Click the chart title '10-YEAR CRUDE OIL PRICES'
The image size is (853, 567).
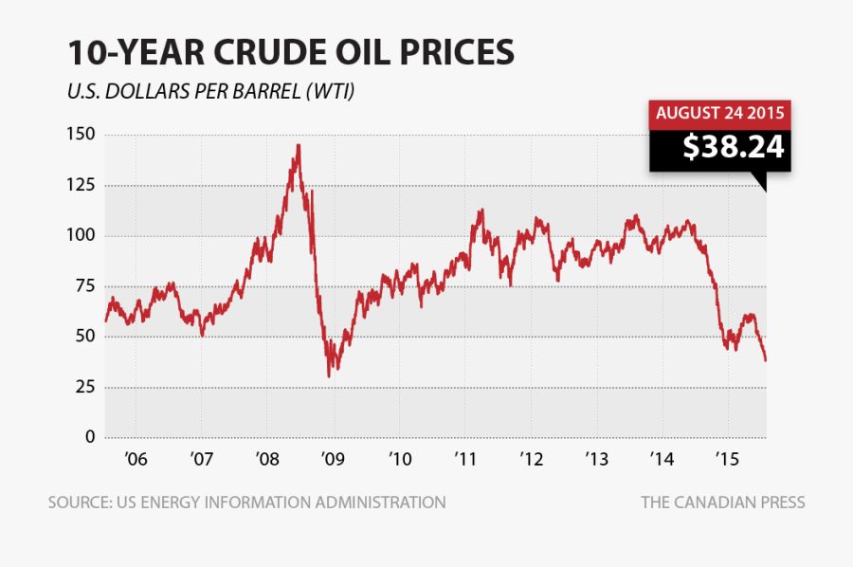point(290,53)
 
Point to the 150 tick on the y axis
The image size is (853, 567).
point(81,135)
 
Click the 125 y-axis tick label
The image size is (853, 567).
point(81,185)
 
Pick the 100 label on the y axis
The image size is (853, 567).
point(81,235)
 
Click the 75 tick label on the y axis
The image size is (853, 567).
point(85,286)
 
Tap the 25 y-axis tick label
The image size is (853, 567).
point(85,387)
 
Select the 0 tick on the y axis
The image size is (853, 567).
point(90,437)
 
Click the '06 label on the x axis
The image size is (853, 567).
point(136,460)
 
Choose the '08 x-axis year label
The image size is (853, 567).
point(267,460)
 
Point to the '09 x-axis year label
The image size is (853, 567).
point(333,460)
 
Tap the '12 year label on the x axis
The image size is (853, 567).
point(531,460)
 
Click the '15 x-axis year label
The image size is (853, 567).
point(727,460)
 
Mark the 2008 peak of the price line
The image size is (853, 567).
point(299,145)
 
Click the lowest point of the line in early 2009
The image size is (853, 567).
point(329,376)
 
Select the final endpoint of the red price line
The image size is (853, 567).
point(766,360)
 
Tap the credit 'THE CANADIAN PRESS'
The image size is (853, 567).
point(722,503)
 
